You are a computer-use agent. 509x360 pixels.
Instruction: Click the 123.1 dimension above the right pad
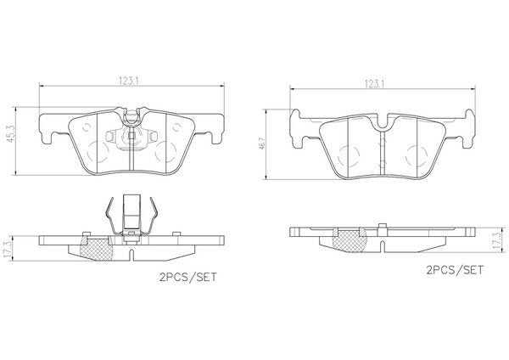point(374,84)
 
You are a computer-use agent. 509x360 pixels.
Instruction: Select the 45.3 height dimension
point(11,134)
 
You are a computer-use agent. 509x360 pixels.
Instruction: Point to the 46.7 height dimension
point(261,143)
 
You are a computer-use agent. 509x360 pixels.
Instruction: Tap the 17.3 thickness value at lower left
point(8,250)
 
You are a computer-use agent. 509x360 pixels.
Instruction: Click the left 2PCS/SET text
point(188,277)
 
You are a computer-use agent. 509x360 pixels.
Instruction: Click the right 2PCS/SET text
point(455,270)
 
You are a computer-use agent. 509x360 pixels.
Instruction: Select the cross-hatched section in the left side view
point(97,249)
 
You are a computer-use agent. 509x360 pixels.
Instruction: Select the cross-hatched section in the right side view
point(350,240)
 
